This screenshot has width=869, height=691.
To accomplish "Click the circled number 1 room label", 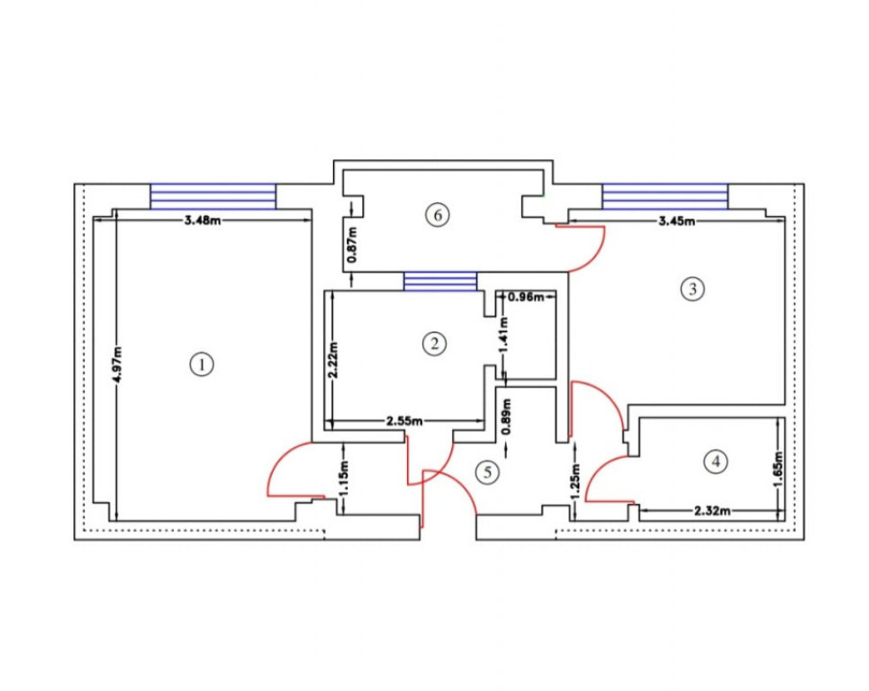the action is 202,364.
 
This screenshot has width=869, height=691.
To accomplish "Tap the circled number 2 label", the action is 434,344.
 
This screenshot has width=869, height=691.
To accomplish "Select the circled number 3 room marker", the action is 692,289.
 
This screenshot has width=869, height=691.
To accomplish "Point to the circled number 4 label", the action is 716,462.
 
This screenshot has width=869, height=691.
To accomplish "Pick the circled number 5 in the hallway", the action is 488,472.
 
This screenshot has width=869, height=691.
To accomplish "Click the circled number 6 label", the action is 438,215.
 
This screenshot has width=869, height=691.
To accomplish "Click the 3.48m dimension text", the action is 203,220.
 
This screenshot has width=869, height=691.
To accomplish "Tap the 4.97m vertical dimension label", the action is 117,364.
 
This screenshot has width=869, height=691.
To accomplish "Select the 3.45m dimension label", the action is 676,221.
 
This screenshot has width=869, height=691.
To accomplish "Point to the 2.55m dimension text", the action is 404,421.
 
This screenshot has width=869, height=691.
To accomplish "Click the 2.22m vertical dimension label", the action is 332,360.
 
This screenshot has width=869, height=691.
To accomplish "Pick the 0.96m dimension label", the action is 526,297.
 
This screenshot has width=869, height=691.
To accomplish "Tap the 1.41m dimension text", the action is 503,334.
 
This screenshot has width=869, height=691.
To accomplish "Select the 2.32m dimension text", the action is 712,510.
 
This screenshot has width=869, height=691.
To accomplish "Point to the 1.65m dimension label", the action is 779,471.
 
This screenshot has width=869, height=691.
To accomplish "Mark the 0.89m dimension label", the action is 506,417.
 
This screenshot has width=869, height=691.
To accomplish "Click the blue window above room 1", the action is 213,196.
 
